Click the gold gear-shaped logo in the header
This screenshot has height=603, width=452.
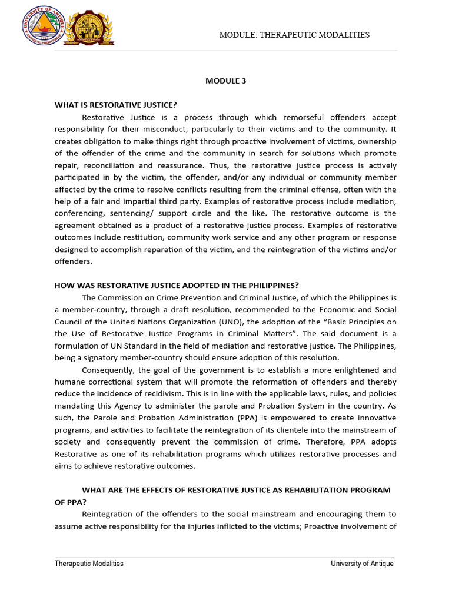click(89, 28)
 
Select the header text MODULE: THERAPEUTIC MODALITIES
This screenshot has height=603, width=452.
click(294, 35)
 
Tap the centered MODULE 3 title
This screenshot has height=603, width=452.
click(226, 81)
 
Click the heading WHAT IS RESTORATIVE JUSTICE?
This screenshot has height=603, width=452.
click(116, 105)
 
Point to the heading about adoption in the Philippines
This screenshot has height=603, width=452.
click(177, 285)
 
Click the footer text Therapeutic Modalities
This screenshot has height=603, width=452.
click(89, 564)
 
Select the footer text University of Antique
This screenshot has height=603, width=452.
click(362, 564)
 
